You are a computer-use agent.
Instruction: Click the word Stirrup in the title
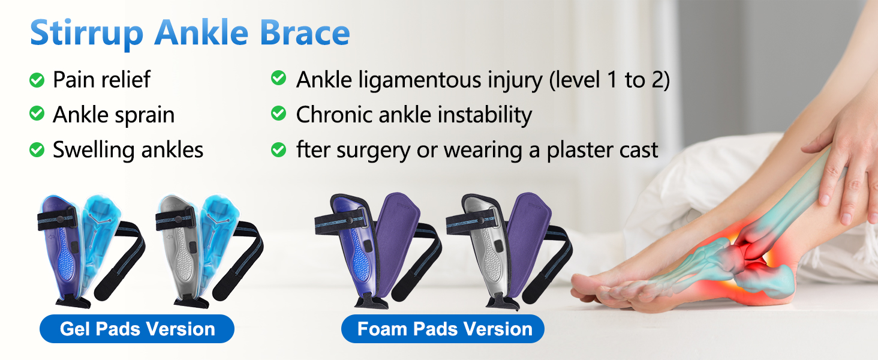click(86, 34)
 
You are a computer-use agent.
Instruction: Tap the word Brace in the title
click(305, 32)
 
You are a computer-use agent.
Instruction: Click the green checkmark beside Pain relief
click(37, 80)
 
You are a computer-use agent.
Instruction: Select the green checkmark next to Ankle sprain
click(37, 113)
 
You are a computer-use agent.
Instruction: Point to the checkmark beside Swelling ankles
click(37, 149)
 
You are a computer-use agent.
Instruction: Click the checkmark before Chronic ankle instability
click(279, 113)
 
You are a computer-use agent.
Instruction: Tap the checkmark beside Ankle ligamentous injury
click(279, 77)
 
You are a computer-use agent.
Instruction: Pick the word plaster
click(579, 151)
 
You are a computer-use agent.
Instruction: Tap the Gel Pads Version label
click(137, 329)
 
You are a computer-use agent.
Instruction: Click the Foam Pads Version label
click(443, 329)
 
